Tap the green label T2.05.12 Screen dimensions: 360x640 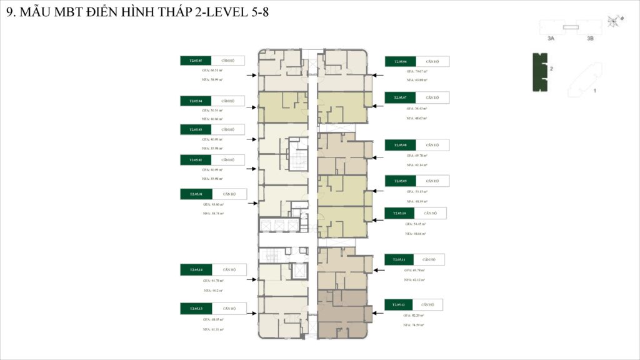(399, 305)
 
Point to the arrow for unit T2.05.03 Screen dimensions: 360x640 (252, 139)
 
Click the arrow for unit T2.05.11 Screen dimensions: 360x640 (378, 270)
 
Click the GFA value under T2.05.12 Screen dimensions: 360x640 (414, 316)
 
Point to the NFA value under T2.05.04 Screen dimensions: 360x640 (212, 118)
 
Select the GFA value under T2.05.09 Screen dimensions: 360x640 (417, 191)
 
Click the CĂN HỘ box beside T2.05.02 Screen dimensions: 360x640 (228, 160)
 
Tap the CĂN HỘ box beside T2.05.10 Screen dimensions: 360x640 (430, 213)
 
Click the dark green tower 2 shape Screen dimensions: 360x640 (539, 72)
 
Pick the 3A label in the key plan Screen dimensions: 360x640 (551, 39)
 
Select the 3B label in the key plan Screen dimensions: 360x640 (590, 39)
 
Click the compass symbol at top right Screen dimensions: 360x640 (614, 21)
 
